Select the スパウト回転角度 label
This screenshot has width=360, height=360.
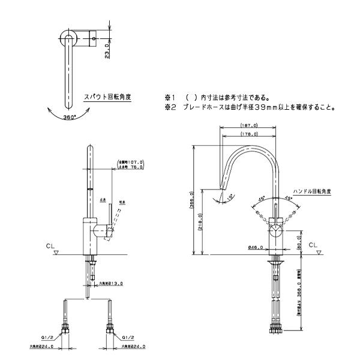tap(107, 95)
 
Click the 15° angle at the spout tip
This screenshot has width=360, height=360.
tap(230, 196)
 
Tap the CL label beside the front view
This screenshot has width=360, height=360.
tap(49, 245)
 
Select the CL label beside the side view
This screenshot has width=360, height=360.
tap(313, 245)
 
